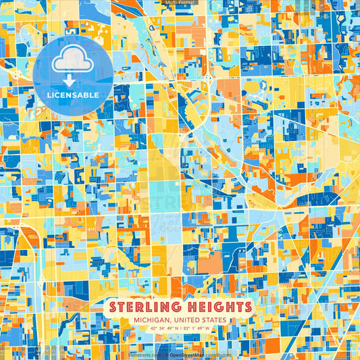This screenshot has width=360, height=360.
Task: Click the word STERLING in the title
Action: tap(146, 307)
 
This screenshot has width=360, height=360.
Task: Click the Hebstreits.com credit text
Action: tap(144, 354)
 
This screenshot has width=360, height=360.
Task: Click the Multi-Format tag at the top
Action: tap(180, 3)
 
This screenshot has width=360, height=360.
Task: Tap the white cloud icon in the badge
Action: tap(72, 62)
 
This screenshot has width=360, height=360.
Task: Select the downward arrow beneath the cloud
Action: tap(72, 80)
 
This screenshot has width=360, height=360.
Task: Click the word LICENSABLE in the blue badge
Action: tap(72, 95)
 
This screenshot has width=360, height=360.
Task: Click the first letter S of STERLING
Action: tap(113, 307)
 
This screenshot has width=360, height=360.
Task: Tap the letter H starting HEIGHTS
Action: tap(187, 307)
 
